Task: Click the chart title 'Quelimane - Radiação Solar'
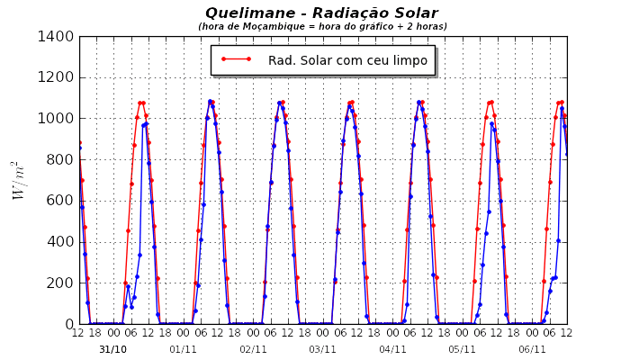[x=322, y=13]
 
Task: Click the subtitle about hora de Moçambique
[x=322, y=27]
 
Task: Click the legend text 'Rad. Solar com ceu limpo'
[x=347, y=60]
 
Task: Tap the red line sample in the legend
[x=236, y=60]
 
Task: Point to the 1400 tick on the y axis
[x=58, y=37]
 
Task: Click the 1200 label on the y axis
[x=58, y=77]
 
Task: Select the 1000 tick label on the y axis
[x=58, y=119]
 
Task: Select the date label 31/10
[x=112, y=349]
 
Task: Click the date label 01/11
[x=183, y=349]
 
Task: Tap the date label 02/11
[x=253, y=349]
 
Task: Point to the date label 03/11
[x=322, y=349]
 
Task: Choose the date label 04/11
[x=392, y=349]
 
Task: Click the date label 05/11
[x=462, y=349]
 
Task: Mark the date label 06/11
[x=532, y=349]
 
